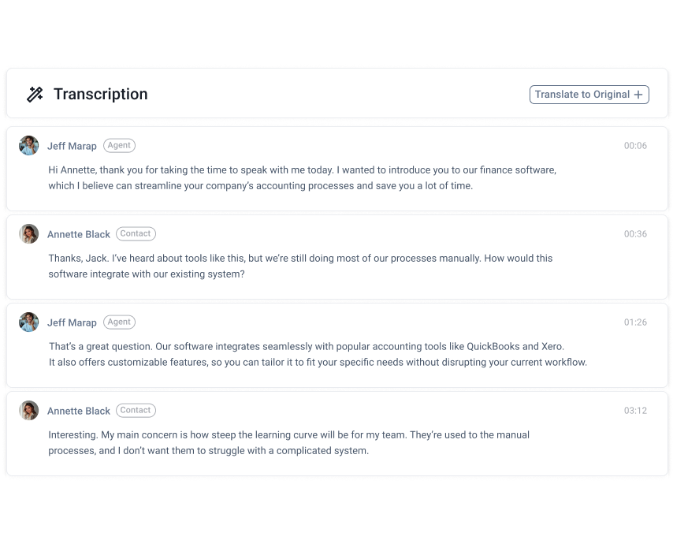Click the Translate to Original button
[x=589, y=95]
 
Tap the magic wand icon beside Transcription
[x=35, y=95]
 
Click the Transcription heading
[x=100, y=95]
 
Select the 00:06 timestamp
[x=635, y=146]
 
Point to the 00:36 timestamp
[x=635, y=234]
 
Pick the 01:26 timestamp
[x=635, y=322]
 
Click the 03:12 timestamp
[x=635, y=411]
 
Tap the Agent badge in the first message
[x=119, y=146]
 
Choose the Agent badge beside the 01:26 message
[x=119, y=322]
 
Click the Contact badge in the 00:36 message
[x=136, y=234]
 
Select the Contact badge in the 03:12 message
[x=136, y=411]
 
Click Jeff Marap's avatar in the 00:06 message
[x=29, y=146]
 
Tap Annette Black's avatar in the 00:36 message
[x=29, y=234]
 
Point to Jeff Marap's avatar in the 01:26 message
[x=29, y=322]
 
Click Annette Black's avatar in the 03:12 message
[x=29, y=411]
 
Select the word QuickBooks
[x=493, y=346]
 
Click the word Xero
[x=552, y=346]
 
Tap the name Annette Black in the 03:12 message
[x=79, y=411]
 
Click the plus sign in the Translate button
[x=638, y=95]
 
